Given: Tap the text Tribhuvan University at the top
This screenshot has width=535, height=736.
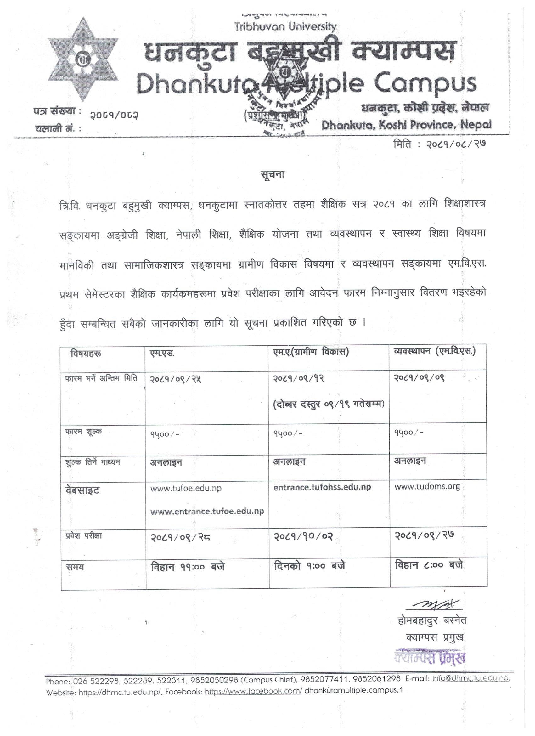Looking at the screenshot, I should point(285,27).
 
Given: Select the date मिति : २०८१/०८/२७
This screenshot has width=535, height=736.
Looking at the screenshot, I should point(439,144).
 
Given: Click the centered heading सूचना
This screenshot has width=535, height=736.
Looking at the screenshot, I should point(273,175).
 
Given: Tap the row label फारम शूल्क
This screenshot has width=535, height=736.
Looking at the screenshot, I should point(83,432).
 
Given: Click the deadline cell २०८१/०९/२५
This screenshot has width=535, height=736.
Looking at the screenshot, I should point(176,379).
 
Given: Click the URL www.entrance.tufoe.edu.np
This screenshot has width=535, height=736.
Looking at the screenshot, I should point(207,511).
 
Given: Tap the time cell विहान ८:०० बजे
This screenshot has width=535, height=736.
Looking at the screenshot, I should point(429,565).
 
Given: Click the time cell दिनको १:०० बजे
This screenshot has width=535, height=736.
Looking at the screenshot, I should point(309,566).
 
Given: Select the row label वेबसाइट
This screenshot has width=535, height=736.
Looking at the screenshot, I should point(82,490).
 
